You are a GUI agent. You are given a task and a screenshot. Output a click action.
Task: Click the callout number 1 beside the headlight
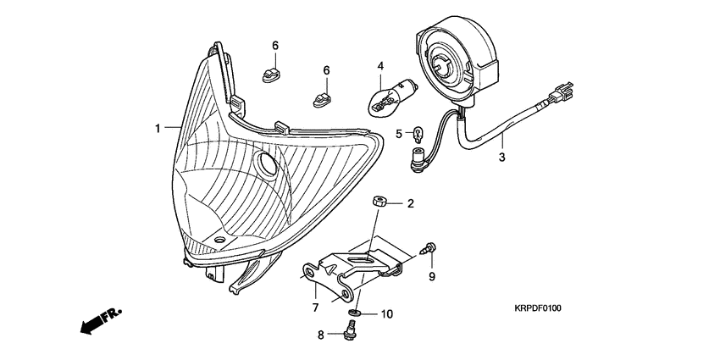click(x=158, y=128)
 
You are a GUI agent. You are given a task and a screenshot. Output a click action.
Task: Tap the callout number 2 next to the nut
click(x=411, y=203)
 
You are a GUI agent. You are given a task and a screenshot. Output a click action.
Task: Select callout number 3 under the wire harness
click(x=502, y=157)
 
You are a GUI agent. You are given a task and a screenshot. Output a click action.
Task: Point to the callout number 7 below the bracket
click(x=315, y=307)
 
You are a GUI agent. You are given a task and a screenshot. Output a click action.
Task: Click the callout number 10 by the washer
click(x=387, y=314)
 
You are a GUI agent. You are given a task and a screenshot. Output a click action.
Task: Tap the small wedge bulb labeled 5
click(x=418, y=134)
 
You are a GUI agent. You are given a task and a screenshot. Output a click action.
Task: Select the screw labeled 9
click(x=428, y=248)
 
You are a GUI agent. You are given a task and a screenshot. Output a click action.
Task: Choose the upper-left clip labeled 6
click(x=271, y=75)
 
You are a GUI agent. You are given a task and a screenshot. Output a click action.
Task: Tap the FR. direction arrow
click(x=102, y=320)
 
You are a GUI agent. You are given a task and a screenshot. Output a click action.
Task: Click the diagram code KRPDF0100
click(x=537, y=308)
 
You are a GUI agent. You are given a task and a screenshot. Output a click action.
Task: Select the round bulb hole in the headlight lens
click(x=266, y=164)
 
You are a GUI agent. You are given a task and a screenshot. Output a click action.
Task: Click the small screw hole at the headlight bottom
click(x=220, y=240)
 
